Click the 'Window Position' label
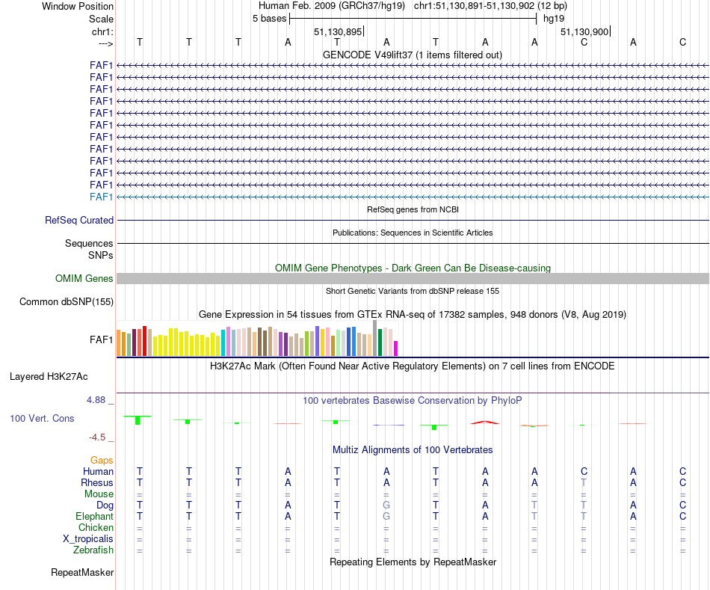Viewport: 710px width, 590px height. [x=78, y=6]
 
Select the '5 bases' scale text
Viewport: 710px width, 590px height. [x=269, y=19]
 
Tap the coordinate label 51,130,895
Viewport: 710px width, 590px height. [x=338, y=31]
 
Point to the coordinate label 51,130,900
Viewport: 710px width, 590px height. [x=584, y=31]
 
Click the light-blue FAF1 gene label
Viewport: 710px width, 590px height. [x=101, y=197]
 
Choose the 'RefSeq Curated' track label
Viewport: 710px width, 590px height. [x=79, y=221]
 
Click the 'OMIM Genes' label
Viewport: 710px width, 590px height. [x=84, y=279]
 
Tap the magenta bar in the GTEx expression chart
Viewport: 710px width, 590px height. [x=396, y=348]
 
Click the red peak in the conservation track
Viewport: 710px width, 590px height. [x=485, y=422]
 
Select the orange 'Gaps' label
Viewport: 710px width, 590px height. [x=102, y=460]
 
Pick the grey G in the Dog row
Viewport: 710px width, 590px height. [x=386, y=506]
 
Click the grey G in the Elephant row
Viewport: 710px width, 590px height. [x=386, y=517]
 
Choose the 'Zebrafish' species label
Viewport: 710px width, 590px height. [x=93, y=550]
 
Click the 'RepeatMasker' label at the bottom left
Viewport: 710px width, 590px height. [x=82, y=573]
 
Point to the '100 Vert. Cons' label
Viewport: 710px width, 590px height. [x=42, y=419]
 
